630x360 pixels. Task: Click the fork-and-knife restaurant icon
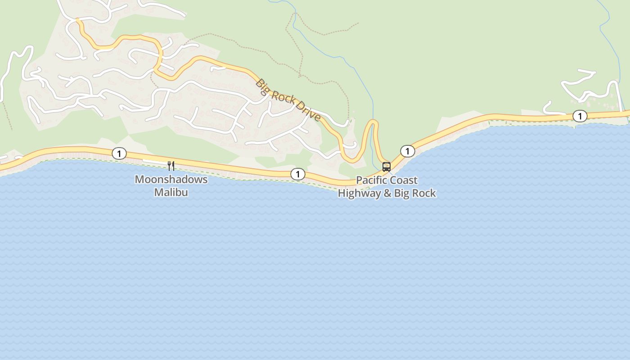(171, 166)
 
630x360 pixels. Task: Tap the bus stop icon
(386, 167)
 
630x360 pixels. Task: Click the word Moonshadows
(171, 179)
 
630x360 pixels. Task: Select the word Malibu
(171, 192)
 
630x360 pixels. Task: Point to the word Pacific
(371, 180)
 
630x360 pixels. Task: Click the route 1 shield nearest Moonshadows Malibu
(119, 154)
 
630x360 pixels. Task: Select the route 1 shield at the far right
(580, 116)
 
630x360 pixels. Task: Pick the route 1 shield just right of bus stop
(407, 151)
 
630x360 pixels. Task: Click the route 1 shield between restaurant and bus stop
(297, 174)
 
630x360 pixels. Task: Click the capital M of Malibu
(158, 192)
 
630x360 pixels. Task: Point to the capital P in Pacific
(359, 180)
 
